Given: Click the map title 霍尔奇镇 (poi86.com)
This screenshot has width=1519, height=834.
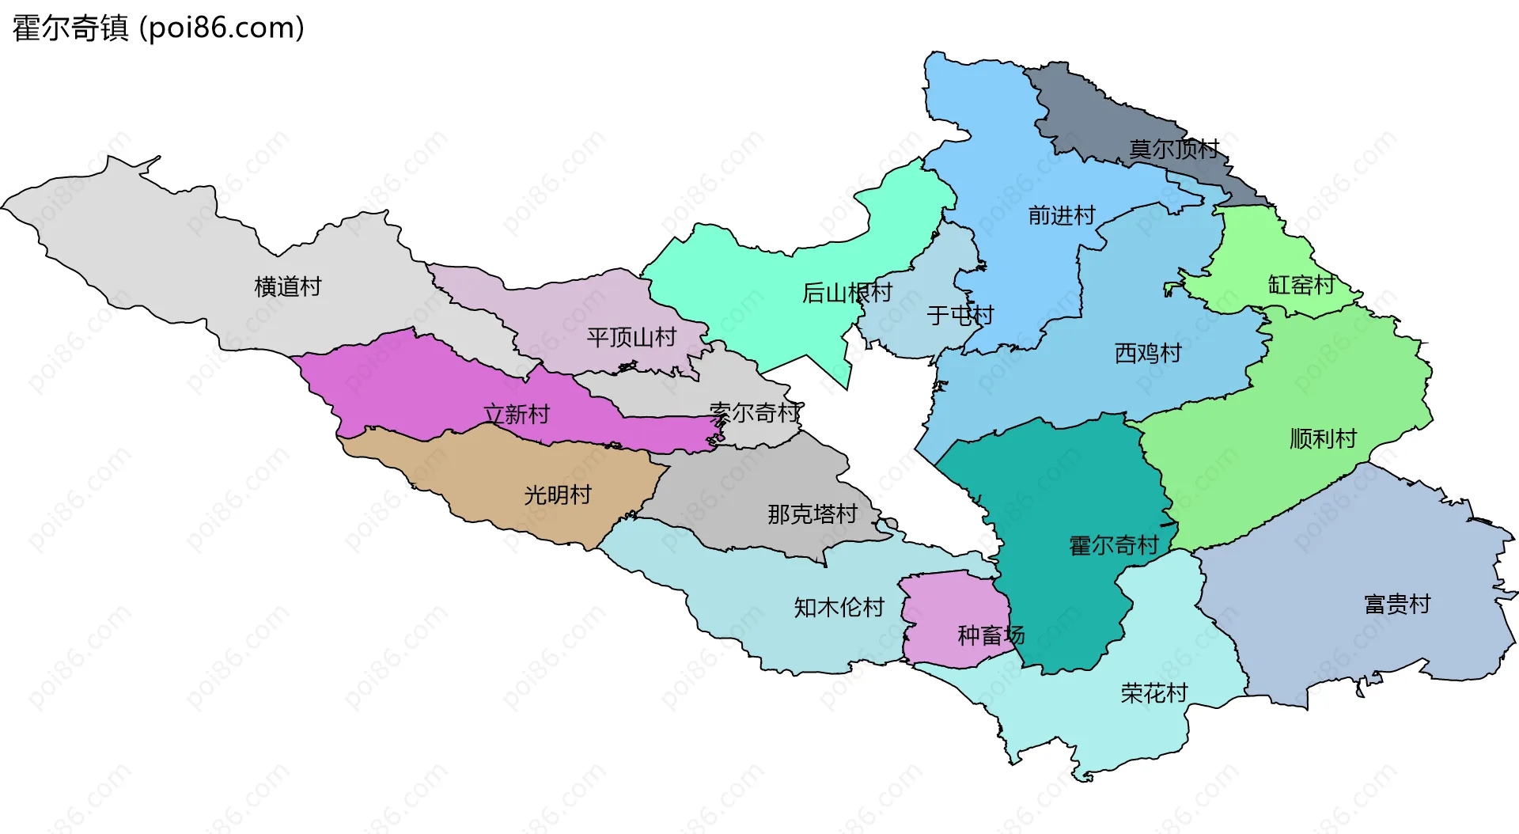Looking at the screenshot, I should tap(158, 28).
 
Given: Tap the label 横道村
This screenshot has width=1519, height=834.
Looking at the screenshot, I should tap(288, 286).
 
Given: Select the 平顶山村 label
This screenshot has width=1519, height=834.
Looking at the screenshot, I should tap(631, 338).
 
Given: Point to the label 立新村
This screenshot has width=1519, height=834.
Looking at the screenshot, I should tap(517, 414).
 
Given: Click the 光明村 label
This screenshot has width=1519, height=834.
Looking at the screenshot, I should tap(558, 495).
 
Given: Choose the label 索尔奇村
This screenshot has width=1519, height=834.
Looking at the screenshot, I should tap(756, 412).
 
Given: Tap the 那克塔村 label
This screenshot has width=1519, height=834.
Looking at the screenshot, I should tap(813, 514).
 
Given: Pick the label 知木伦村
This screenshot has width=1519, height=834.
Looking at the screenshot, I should tap(839, 608).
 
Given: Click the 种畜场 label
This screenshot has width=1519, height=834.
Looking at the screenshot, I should tap(991, 635).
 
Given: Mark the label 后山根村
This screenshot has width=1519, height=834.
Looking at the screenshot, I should tap(847, 293).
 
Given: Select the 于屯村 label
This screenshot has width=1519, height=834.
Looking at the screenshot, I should tap(960, 316).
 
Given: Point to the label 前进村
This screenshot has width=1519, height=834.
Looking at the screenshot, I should tap(1062, 215).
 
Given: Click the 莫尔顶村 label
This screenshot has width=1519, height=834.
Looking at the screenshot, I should tap(1174, 149).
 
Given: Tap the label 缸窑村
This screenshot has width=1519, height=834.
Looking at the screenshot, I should tap(1301, 285).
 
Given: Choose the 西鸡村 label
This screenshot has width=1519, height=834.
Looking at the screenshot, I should tap(1148, 353).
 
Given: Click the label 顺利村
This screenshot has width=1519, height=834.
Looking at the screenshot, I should tap(1323, 438).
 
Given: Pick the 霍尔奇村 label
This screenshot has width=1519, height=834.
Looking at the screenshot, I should tap(1113, 545).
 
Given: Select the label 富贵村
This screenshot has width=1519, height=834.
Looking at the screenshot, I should tap(1397, 605).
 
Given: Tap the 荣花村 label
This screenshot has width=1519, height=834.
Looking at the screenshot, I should tap(1154, 693).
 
